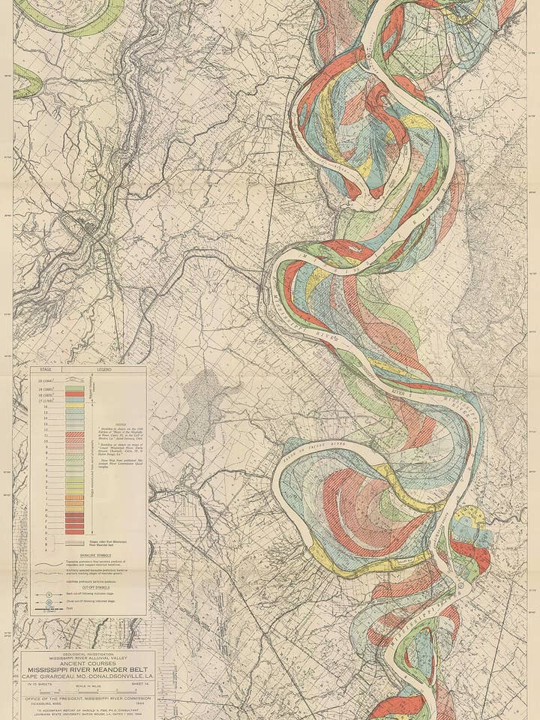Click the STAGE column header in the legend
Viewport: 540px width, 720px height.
click(45, 370)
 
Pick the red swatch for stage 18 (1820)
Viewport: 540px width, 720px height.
click(74, 391)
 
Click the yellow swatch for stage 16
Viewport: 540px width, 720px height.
click(74, 406)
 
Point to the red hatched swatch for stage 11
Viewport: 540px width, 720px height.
click(74, 434)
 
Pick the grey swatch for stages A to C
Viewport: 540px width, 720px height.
click(74, 540)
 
